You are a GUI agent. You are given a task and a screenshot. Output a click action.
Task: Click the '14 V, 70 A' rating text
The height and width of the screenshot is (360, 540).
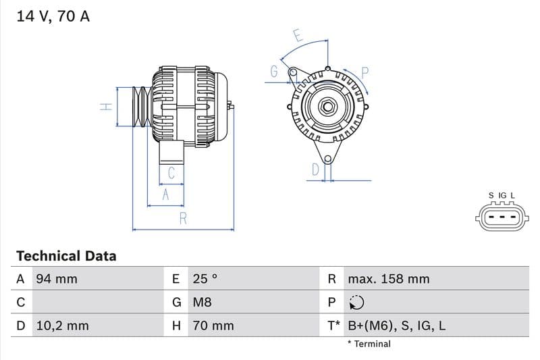tap(53, 16)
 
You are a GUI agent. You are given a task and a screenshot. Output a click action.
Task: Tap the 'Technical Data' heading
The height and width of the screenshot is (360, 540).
tap(66, 256)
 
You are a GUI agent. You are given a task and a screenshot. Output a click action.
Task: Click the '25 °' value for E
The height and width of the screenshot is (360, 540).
tap(205, 279)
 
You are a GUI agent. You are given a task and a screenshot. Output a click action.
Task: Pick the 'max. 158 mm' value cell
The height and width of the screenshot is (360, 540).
tap(388, 279)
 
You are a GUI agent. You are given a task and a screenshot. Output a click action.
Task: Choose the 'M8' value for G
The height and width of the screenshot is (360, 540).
tap(202, 303)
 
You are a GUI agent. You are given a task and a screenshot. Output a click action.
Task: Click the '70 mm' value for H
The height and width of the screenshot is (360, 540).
tap(213, 326)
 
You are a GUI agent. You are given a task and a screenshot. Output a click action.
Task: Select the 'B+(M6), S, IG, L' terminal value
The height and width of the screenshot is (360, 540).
tap(396, 326)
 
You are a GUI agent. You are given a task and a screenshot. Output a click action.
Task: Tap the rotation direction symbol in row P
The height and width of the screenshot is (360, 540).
tap(356, 303)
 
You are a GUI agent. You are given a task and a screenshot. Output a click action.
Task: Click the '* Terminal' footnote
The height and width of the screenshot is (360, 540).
tap(369, 344)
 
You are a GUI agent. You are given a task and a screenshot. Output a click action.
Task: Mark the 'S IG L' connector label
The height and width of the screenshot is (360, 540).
tap(502, 196)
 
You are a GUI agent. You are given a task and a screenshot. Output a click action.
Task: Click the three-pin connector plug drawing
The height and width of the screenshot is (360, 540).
tap(502, 217)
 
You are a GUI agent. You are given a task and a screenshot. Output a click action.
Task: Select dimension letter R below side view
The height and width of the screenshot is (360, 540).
tap(183, 218)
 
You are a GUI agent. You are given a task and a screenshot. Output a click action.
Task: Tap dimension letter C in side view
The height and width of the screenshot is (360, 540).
tap(171, 173)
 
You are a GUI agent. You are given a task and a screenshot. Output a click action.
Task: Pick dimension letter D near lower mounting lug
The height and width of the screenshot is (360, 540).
tap(315, 170)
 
